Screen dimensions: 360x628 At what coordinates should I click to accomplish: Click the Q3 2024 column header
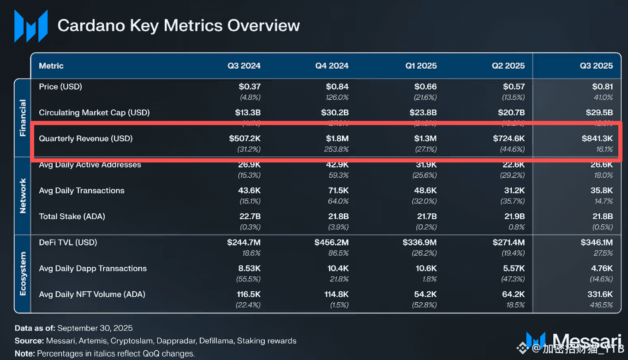pos(244,66)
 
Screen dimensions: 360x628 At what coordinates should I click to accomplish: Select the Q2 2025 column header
pos(508,66)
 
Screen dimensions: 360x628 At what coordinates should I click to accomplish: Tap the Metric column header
pos(51,66)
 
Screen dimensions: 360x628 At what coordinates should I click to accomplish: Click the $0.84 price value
pos(337,87)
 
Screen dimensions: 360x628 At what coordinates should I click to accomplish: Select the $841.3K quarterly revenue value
pos(597,138)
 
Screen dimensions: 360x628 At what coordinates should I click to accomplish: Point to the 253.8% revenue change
pos(336,149)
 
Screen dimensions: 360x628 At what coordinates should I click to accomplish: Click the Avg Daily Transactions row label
pos(82,191)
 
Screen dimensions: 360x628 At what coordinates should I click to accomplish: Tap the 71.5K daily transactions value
pos(338,191)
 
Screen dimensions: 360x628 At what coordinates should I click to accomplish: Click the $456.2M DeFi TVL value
pos(331,242)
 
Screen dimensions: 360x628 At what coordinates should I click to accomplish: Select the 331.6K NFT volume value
pos(599,294)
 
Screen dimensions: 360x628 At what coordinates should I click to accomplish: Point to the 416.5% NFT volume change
pos(601,305)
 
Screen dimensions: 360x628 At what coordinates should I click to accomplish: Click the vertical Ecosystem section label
pos(23,273)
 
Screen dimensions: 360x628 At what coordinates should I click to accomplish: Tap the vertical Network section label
pos(23,196)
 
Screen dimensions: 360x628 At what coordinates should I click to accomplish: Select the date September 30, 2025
pos(95,328)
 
